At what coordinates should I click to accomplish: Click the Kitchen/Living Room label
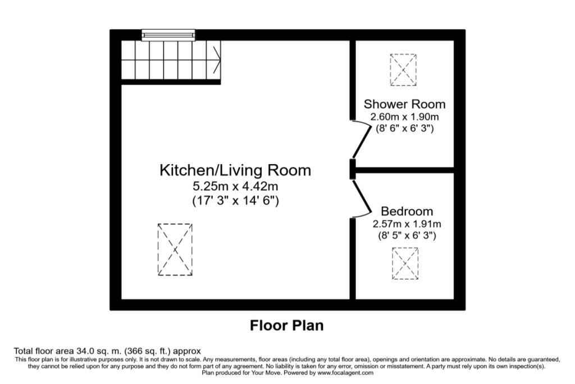click(x=235, y=170)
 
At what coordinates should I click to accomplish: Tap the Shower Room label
click(x=404, y=104)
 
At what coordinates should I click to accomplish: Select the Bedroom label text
click(x=407, y=211)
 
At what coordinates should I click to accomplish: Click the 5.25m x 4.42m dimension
click(x=235, y=186)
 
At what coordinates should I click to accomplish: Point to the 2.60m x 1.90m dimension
click(x=404, y=116)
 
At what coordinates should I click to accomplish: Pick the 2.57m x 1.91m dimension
click(x=407, y=224)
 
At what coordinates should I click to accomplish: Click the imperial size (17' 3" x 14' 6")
click(x=235, y=200)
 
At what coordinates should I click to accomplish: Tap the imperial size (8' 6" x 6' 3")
click(x=404, y=128)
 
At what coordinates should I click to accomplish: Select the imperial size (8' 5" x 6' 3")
click(x=407, y=236)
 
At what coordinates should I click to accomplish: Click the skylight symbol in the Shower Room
click(x=403, y=70)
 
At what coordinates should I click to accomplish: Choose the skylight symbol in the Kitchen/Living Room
click(x=175, y=249)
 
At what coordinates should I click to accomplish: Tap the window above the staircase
click(x=168, y=35)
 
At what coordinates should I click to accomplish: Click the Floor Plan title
click(x=286, y=326)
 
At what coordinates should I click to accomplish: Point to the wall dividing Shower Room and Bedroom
click(x=404, y=169)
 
